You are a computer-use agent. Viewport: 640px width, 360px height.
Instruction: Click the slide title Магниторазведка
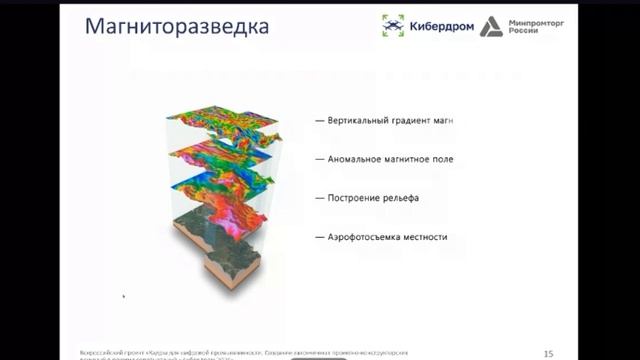pyautogui.click(x=176, y=26)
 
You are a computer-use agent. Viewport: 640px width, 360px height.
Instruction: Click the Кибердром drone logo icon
pyautogui.click(x=393, y=26)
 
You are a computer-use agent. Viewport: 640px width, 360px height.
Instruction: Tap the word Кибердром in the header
pyautogui.click(x=438, y=26)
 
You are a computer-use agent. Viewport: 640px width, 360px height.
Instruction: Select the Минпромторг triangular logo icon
pyautogui.click(x=490, y=26)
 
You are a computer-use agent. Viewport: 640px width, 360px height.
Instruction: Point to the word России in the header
pyautogui.click(x=524, y=32)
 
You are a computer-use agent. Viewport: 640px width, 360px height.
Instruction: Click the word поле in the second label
pyautogui.click(x=442, y=159)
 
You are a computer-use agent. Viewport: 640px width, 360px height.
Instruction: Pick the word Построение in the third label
pyautogui.click(x=356, y=197)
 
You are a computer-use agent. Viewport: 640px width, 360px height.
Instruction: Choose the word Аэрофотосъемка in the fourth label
pyautogui.click(x=367, y=237)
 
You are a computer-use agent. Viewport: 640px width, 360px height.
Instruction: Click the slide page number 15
pyautogui.click(x=547, y=353)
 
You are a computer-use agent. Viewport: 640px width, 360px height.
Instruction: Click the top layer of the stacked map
pyautogui.click(x=224, y=125)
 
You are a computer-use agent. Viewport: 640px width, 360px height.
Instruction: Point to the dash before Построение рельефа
pyautogui.click(x=319, y=197)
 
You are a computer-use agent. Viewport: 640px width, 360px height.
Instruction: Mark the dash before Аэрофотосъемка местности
pyautogui.click(x=319, y=237)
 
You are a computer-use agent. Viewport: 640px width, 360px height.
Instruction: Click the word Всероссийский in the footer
pyautogui.click(x=101, y=350)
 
